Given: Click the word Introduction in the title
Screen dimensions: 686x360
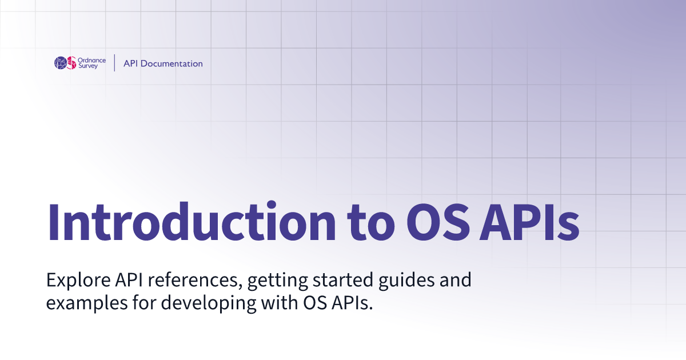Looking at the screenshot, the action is [x=192, y=222].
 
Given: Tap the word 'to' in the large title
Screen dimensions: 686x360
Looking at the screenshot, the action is [x=371, y=224].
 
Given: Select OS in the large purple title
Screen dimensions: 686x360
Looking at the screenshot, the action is [x=438, y=222].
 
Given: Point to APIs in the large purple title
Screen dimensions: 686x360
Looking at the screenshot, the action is [x=529, y=222].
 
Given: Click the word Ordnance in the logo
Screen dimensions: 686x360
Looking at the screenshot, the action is [x=91, y=61].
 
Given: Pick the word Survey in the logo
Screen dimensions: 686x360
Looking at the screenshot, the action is [x=88, y=66].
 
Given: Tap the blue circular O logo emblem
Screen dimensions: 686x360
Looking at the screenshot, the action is [x=61, y=63].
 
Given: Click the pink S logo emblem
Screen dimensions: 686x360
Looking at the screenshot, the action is [x=71, y=63].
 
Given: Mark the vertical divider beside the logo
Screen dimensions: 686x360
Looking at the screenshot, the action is [x=114, y=63].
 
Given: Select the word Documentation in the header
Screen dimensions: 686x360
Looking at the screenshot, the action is [x=171, y=63].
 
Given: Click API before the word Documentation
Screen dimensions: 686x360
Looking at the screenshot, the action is [x=130, y=63].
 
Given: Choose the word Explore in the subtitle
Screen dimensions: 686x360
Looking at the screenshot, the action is [x=78, y=280].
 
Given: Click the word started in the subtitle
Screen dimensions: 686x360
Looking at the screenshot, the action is [x=342, y=280].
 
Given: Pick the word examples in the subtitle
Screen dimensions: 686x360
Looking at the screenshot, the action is [x=87, y=303].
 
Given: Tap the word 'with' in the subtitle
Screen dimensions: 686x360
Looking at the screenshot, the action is [x=280, y=303].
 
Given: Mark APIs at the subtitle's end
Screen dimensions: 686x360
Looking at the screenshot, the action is [x=353, y=303].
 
